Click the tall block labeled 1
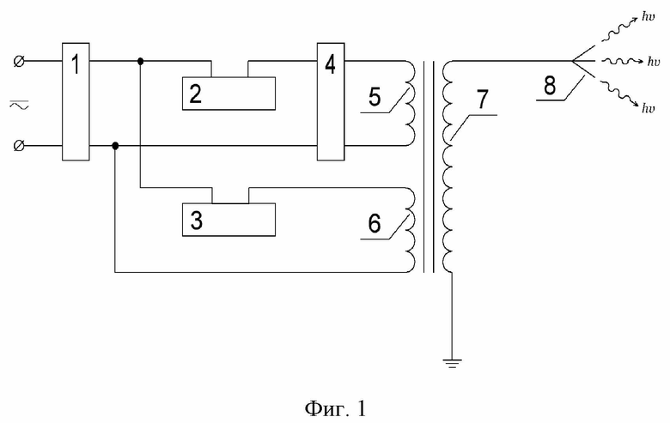tap(76, 101)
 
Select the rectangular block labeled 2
tap(228, 94)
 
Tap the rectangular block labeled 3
tap(228, 220)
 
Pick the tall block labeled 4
tap(331, 101)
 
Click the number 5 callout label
tap(375, 97)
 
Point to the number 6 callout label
tap(375, 223)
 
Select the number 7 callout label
tap(482, 100)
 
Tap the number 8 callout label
tap(550, 85)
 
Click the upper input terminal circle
tap(19, 62)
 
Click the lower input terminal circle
tap(19, 146)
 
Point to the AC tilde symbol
tap(19, 104)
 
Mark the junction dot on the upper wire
tap(141, 62)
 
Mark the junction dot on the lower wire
tap(115, 146)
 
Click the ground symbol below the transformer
tap(452, 364)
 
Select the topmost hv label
tap(648, 17)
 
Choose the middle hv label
tap(654, 62)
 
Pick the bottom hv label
tap(648, 108)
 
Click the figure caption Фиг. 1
tap(335, 409)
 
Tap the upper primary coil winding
tap(410, 104)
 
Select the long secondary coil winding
tap(448, 166)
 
